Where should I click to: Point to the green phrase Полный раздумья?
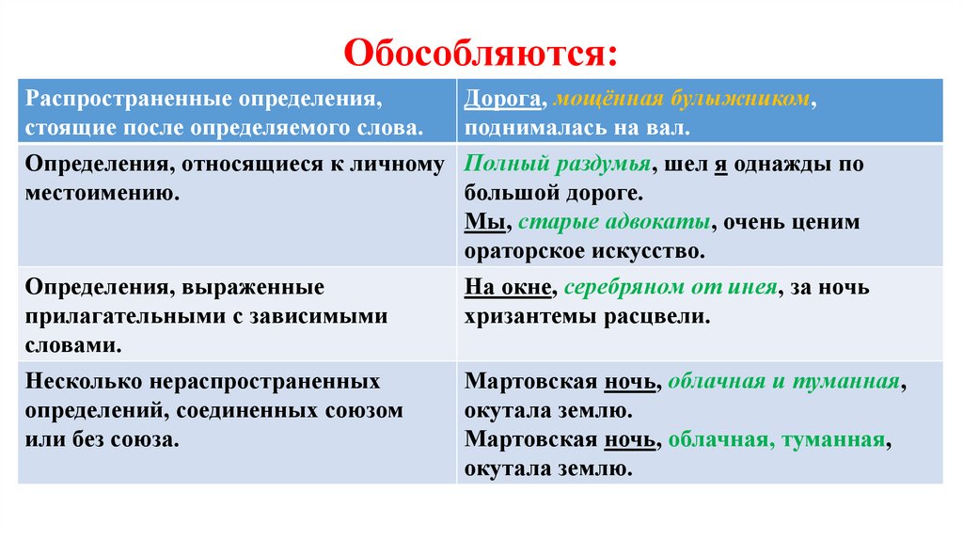click(557, 165)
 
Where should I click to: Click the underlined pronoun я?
click(721, 165)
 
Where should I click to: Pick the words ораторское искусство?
click(583, 251)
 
